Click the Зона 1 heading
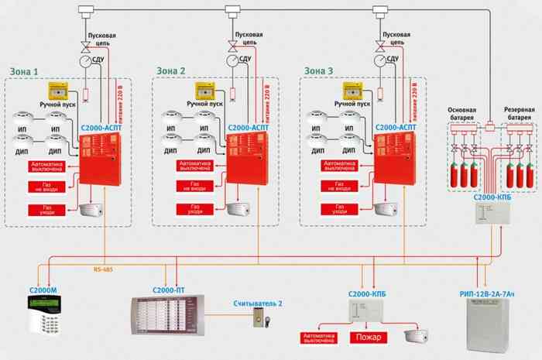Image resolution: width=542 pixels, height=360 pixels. click(24, 71)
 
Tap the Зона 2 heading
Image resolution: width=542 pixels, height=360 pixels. click(171, 71)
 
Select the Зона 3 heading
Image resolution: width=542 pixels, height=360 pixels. click(318, 71)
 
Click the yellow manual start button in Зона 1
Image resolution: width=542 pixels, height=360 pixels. click(58, 91)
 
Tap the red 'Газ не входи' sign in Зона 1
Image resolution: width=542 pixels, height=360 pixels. click(48, 187)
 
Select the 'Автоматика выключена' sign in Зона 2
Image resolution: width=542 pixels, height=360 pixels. click(195, 166)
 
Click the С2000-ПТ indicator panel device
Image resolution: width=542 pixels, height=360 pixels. click(168, 317)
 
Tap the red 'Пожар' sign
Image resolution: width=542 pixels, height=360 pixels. click(367, 337)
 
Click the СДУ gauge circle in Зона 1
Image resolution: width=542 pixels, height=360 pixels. click(83, 60)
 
